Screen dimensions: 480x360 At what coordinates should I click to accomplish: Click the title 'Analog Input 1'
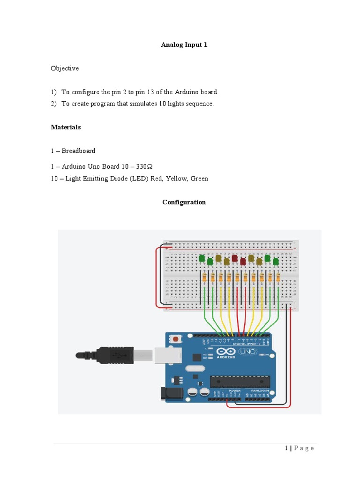pyautogui.click(x=184, y=45)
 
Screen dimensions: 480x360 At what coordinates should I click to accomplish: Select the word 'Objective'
pyautogui.click(x=65, y=68)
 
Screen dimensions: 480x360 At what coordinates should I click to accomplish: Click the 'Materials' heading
pyautogui.click(x=66, y=127)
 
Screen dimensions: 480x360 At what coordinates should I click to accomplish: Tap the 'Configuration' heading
pyautogui.click(x=184, y=202)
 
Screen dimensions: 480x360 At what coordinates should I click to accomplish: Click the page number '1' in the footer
pyautogui.click(x=286, y=448)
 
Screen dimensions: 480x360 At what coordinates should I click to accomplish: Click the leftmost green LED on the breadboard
pyautogui.click(x=202, y=258)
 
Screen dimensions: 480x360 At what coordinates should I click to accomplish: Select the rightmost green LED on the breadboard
pyautogui.click(x=276, y=261)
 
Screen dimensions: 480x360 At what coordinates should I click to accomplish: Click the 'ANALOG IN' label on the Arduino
pyautogui.click(x=261, y=390)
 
